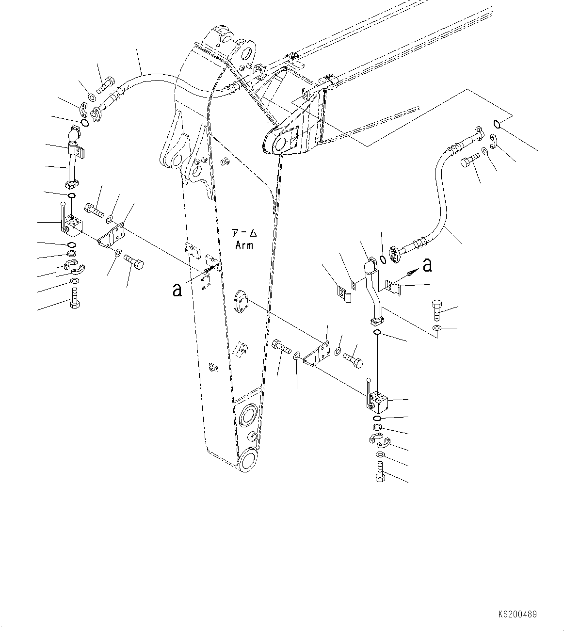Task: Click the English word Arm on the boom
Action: [244, 245]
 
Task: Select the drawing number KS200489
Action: [517, 614]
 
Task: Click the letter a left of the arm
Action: [177, 290]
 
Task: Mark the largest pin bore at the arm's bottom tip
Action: [247, 458]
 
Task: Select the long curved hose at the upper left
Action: [145, 82]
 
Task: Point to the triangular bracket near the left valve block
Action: [112, 237]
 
